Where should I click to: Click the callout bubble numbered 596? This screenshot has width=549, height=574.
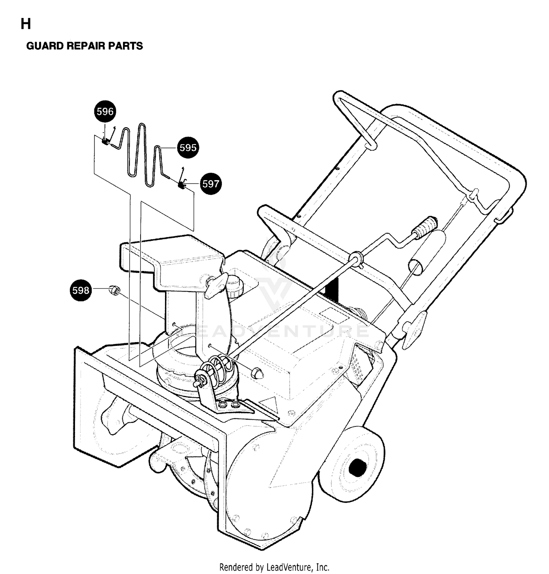point(105,111)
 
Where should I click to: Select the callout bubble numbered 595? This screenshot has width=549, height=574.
point(188,148)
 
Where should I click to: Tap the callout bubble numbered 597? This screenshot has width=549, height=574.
point(211,184)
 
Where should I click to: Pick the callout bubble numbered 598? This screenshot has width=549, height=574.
point(81,290)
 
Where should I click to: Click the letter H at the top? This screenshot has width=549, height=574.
point(26,24)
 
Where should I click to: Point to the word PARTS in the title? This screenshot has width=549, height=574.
point(128,46)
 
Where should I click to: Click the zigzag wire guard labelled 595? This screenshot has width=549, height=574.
point(141,156)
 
